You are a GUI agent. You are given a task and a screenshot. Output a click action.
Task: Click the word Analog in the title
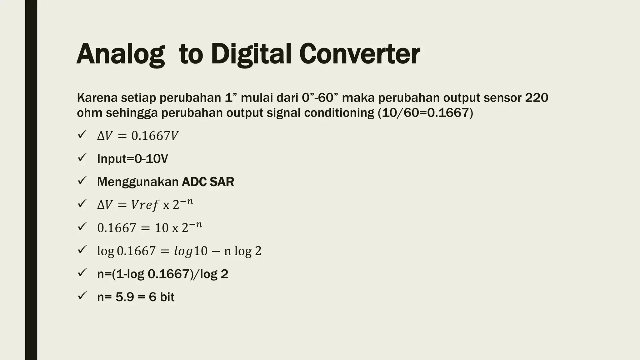click(121, 55)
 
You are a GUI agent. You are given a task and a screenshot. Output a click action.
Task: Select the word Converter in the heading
click(359, 55)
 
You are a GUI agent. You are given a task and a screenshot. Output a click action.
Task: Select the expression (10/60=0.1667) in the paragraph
click(425, 113)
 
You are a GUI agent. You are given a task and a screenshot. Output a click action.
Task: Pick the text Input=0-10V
click(132, 159)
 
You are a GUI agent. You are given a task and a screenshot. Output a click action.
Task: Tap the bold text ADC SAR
click(208, 182)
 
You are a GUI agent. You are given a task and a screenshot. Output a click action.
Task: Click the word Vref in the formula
click(145, 205)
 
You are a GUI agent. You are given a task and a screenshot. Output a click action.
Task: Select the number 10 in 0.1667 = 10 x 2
click(162, 228)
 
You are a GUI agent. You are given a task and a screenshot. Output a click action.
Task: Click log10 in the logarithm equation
click(191, 251)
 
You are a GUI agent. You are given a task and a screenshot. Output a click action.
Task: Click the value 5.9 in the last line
click(125, 297)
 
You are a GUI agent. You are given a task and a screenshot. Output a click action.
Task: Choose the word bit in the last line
click(167, 297)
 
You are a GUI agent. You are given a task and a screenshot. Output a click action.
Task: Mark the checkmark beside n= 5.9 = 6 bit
click(82, 296)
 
